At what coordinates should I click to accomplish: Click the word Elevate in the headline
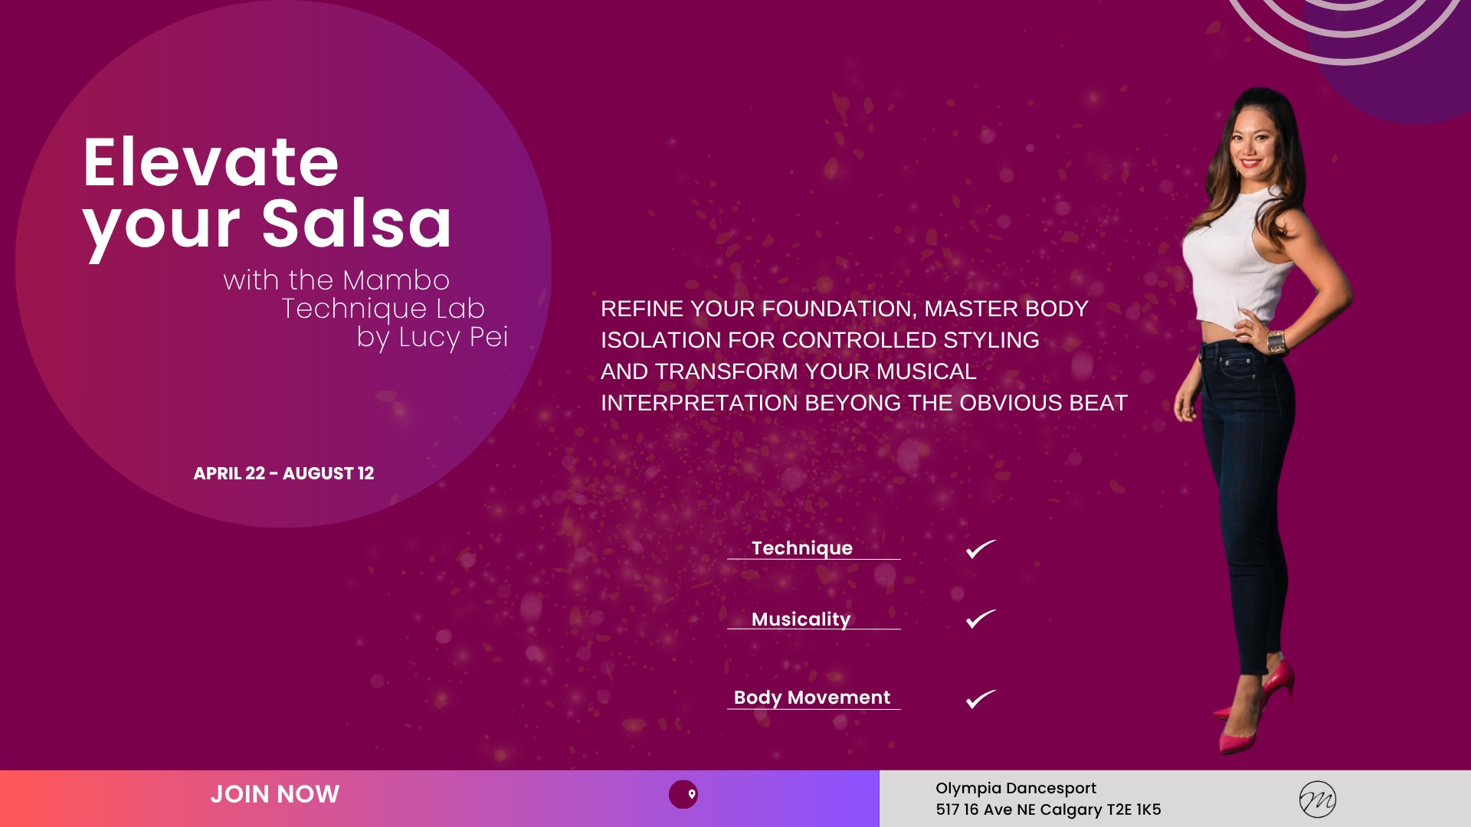click(x=211, y=162)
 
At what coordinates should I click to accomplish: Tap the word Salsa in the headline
click(x=357, y=224)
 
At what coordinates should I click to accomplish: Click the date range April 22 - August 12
click(x=283, y=473)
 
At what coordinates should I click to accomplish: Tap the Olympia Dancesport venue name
click(x=1016, y=788)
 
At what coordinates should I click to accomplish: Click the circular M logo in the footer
click(x=1318, y=799)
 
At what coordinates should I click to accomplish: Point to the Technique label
click(x=802, y=548)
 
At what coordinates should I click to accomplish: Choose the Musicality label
click(x=801, y=619)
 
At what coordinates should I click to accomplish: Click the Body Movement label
click(x=812, y=698)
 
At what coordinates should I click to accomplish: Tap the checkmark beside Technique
click(x=981, y=549)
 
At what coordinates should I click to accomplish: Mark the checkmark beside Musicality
click(x=981, y=619)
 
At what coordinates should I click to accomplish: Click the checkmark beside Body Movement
click(x=981, y=699)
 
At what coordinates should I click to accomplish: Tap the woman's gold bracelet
click(x=1276, y=342)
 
